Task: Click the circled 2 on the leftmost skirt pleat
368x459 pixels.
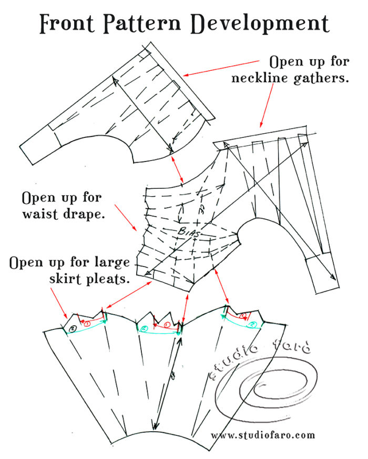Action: click(x=73, y=328)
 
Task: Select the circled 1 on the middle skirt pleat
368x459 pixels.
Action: click(x=167, y=324)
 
